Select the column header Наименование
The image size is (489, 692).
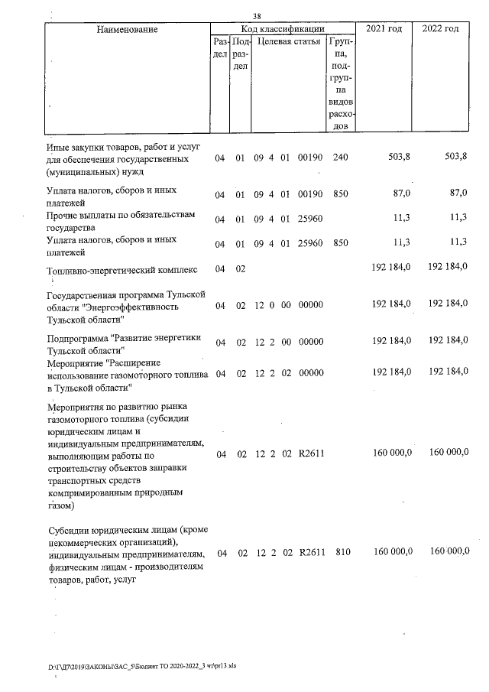click(x=127, y=29)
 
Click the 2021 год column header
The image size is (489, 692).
click(x=384, y=28)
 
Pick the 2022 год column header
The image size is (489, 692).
click(x=440, y=28)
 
